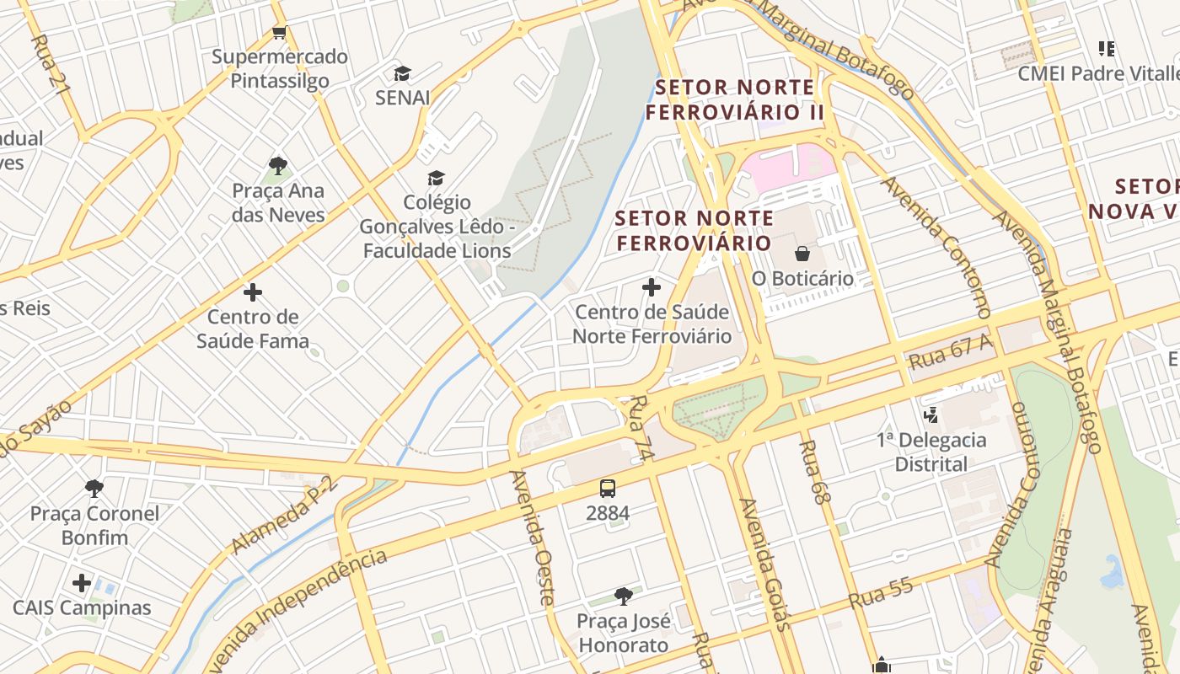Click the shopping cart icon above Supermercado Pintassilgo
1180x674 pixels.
[280, 33]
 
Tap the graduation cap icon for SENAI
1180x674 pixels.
[403, 73]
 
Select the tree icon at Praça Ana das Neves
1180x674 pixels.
[278, 165]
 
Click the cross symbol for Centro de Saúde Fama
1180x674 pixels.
[253, 292]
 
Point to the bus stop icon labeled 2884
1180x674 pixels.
[608, 488]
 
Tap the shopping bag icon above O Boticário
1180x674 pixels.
[802, 253]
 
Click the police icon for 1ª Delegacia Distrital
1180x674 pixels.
[931, 415]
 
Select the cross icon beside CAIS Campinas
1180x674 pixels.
[82, 583]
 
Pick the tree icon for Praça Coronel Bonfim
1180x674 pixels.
[94, 488]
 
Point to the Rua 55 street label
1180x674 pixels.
[882, 593]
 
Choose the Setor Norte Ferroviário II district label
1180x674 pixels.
[735, 99]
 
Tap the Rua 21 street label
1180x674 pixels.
[50, 63]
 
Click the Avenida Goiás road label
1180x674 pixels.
[765, 563]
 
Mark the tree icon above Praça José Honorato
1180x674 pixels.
[624, 596]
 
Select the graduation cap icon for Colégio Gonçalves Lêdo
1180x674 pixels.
[436, 178]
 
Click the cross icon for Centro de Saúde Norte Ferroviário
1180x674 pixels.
[652, 288]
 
